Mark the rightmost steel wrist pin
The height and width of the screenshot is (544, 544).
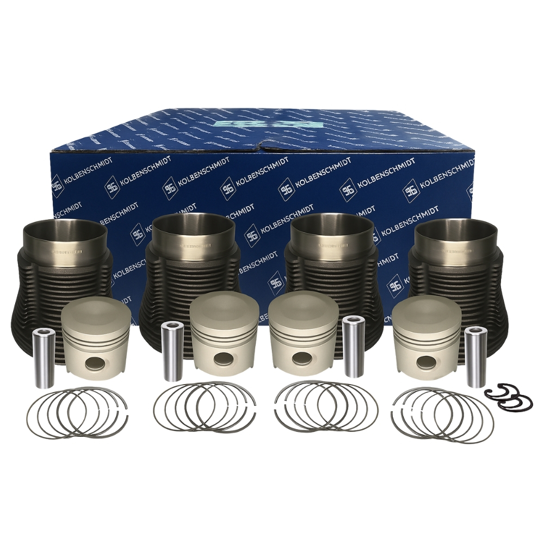(x=475, y=356)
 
